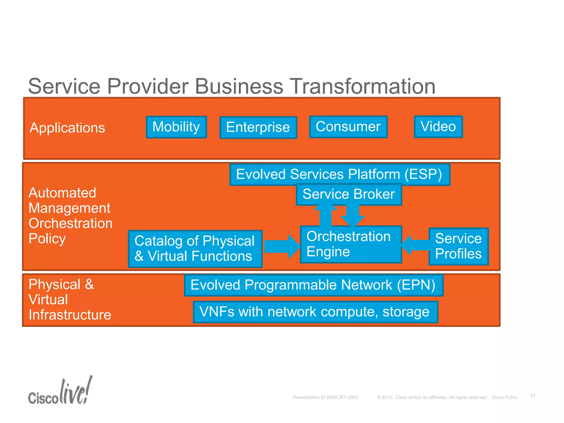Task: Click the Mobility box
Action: pyautogui.click(x=176, y=127)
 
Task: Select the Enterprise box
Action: pyautogui.click(x=258, y=127)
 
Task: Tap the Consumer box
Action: pyautogui.click(x=348, y=127)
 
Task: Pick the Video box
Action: pyautogui.click(x=438, y=127)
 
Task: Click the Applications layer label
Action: pyautogui.click(x=67, y=128)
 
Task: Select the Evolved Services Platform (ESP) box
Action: pyautogui.click(x=339, y=174)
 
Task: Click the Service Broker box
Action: pyautogui.click(x=349, y=194)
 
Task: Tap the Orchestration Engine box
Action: pyautogui.click(x=351, y=244)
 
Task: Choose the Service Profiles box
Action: pyautogui.click(x=459, y=246)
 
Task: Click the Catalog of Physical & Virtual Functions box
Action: pyautogui.click(x=195, y=249)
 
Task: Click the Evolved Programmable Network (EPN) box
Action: pyautogui.click(x=313, y=285)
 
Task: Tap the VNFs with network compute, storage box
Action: pyautogui.click(x=315, y=312)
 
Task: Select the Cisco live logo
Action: pyautogui.click(x=60, y=391)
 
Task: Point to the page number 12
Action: pyautogui.click(x=533, y=396)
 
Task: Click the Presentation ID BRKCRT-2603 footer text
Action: pyautogui.click(x=326, y=397)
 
